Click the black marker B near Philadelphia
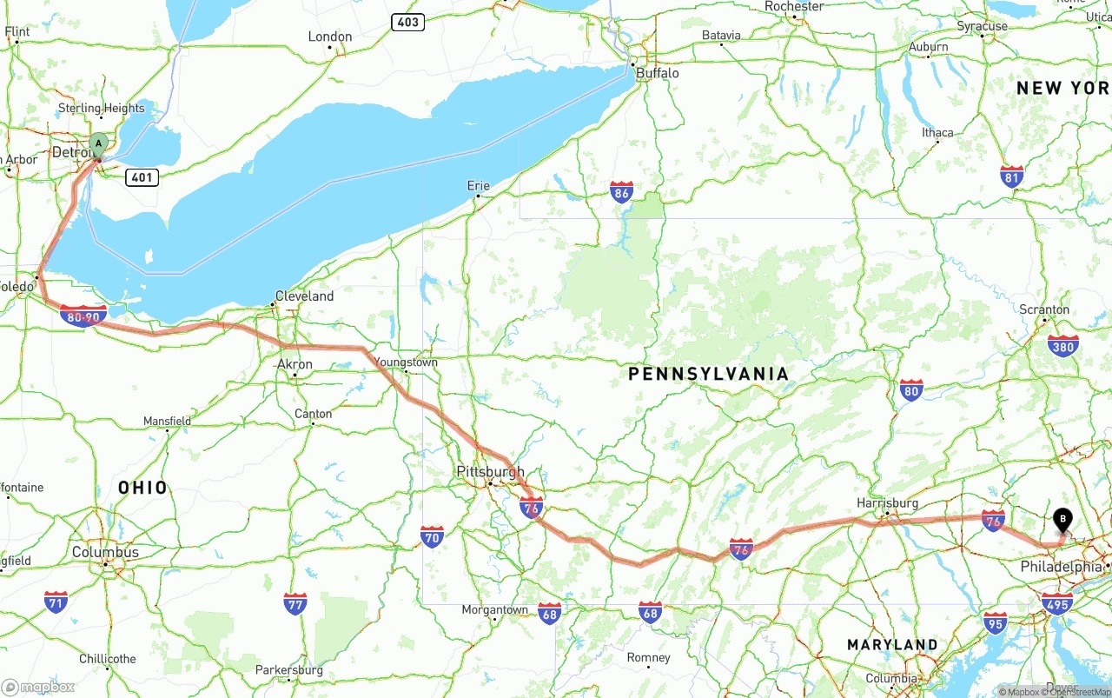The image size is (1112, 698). (x=1062, y=521)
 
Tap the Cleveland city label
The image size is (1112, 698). (x=304, y=296)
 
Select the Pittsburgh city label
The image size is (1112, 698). (x=490, y=472)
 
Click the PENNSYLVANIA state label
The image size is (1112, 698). (x=708, y=374)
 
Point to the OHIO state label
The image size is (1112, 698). (x=142, y=488)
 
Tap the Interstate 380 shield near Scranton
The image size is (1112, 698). (x=1063, y=346)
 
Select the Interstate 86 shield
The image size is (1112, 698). (x=621, y=193)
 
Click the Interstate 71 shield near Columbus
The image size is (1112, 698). (x=56, y=602)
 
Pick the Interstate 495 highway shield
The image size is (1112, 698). (x=1056, y=603)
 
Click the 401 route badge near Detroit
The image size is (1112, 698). (x=142, y=177)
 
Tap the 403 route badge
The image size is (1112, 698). (x=407, y=22)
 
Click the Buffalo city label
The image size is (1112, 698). (x=658, y=73)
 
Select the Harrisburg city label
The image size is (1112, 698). (x=887, y=503)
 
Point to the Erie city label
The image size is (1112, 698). (x=479, y=185)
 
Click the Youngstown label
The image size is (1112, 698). (x=406, y=362)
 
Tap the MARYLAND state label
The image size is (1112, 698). (x=892, y=645)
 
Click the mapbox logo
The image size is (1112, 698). (x=38, y=687)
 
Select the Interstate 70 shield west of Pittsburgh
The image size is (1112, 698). (x=433, y=536)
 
